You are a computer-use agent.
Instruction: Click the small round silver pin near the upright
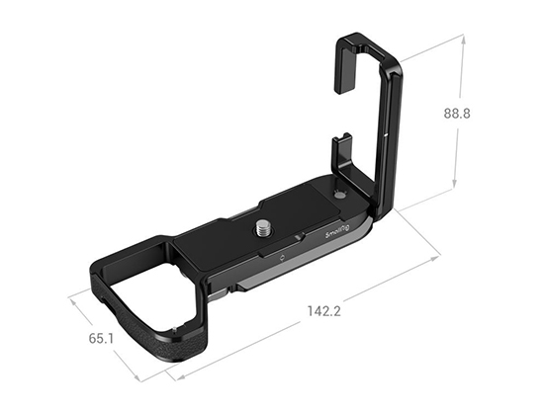[341, 194]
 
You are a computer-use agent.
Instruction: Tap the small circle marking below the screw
[283, 258]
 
